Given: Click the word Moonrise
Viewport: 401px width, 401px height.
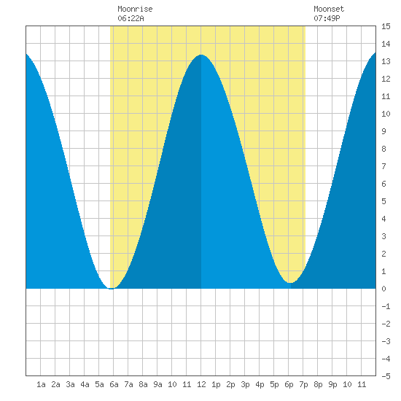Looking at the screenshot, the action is pyautogui.click(x=135, y=9).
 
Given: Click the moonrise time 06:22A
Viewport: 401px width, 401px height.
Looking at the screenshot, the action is pyautogui.click(x=131, y=18).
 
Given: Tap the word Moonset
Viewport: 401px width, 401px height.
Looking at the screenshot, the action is pyautogui.click(x=329, y=9).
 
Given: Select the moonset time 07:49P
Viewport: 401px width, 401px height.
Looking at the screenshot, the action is pyautogui.click(x=327, y=18).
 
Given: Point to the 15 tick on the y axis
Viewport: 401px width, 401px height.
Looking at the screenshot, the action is pyautogui.click(x=386, y=26).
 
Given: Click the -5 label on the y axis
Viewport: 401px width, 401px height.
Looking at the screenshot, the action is pyautogui.click(x=386, y=376).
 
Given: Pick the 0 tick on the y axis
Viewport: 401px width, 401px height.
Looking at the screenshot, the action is pyautogui.click(x=384, y=289).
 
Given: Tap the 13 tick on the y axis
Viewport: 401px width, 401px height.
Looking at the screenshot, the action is pyautogui.click(x=386, y=61).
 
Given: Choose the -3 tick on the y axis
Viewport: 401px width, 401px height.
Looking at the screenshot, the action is pyautogui.click(x=386, y=341).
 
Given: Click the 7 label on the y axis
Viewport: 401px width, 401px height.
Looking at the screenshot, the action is pyautogui.click(x=384, y=166).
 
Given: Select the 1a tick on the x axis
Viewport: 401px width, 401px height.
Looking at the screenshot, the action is pyautogui.click(x=41, y=384).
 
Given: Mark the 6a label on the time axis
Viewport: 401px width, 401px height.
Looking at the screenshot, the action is pyautogui.click(x=114, y=384).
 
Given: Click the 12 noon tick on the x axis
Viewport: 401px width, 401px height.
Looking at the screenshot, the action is pyautogui.click(x=201, y=384).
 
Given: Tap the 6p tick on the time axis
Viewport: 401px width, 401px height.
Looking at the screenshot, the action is pyautogui.click(x=289, y=384).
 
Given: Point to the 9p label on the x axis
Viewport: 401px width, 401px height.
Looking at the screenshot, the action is pyautogui.click(x=332, y=384).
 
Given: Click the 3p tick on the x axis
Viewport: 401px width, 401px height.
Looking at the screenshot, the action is pyautogui.click(x=245, y=384).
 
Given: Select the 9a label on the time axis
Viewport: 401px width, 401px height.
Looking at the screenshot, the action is pyautogui.click(x=157, y=384).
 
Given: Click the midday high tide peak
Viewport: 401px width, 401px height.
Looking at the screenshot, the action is pyautogui.click(x=201, y=55).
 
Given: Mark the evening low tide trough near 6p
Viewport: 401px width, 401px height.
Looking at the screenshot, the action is pyautogui.click(x=289, y=283).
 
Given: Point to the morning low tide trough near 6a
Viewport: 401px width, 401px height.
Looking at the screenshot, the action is pyautogui.click(x=112, y=289).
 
